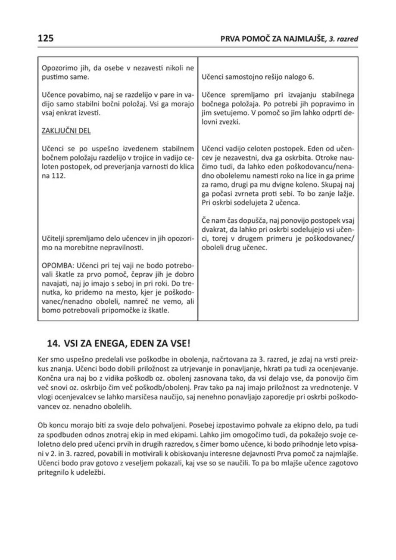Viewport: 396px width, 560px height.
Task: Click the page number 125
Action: (45, 38)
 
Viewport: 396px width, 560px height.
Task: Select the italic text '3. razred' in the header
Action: (344, 39)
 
